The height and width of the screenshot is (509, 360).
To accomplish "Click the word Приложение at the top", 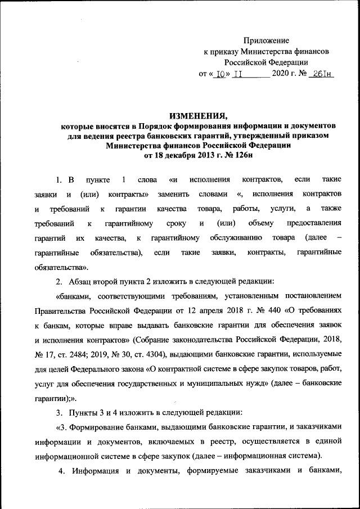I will coord(266,40).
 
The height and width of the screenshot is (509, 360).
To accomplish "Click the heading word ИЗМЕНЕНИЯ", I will coord(201,116).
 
